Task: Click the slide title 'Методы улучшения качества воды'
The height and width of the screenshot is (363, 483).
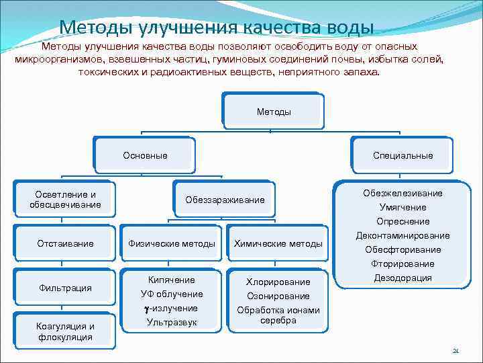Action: pyautogui.click(x=216, y=28)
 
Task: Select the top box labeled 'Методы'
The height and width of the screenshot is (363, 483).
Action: pyautogui.click(x=274, y=112)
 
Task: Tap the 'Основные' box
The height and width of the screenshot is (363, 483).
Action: pyautogui.click(x=145, y=156)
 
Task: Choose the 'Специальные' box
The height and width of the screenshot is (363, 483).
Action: pyautogui.click(x=402, y=156)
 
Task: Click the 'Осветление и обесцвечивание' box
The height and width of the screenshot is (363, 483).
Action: pyautogui.click(x=65, y=199)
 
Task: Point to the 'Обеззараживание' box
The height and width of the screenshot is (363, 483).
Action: pyautogui.click(x=225, y=200)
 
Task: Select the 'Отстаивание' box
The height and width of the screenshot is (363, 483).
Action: pyautogui.click(x=65, y=243)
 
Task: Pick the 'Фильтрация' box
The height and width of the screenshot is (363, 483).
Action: pyautogui.click(x=65, y=288)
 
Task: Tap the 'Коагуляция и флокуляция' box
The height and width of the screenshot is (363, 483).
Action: pyautogui.click(x=65, y=331)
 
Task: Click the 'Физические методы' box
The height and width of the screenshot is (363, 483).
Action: pyautogui.click(x=172, y=243)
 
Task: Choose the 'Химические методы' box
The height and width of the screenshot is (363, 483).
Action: pyautogui.click(x=278, y=243)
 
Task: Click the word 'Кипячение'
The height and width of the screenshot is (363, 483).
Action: pyautogui.click(x=172, y=280)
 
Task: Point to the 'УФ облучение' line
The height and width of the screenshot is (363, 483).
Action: pyautogui.click(x=172, y=294)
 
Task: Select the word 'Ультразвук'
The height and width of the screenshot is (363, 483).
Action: pyautogui.click(x=172, y=323)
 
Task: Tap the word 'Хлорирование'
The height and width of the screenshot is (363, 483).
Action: pyautogui.click(x=278, y=282)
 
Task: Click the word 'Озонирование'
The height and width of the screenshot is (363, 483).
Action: pyautogui.click(x=278, y=296)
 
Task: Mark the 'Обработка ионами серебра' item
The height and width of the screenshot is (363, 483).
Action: pyautogui.click(x=278, y=315)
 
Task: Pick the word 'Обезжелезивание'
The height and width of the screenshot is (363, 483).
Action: pyautogui.click(x=402, y=193)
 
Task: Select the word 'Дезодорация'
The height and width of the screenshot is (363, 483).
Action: pyautogui.click(x=402, y=278)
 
